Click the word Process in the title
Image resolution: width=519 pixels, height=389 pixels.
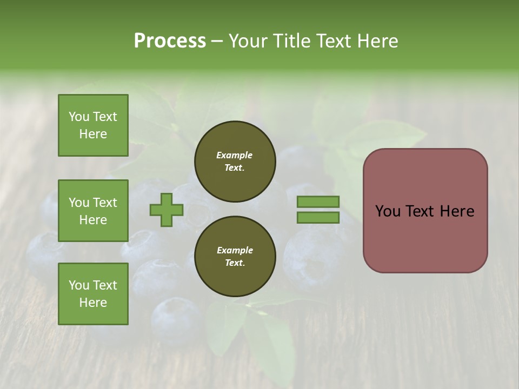tap(170, 41)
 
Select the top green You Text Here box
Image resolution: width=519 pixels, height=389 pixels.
tap(93, 125)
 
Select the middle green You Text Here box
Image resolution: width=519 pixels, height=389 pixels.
tap(93, 211)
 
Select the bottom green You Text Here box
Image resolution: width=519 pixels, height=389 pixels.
tap(93, 294)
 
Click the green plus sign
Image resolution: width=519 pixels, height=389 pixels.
tap(167, 210)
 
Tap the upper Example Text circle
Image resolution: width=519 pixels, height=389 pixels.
tap(235, 162)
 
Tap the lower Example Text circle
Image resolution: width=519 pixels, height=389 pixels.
tap(235, 257)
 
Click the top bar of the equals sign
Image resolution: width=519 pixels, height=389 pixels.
tap(318, 202)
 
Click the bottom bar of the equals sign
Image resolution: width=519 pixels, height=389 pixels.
tap(318, 218)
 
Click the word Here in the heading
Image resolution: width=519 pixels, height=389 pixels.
tap(377, 41)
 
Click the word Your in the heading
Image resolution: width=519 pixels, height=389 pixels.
tap(249, 41)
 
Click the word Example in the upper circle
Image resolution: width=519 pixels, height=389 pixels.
tap(235, 155)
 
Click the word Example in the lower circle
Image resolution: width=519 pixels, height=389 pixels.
tap(235, 250)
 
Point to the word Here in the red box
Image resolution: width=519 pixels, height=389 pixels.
tap(457, 211)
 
